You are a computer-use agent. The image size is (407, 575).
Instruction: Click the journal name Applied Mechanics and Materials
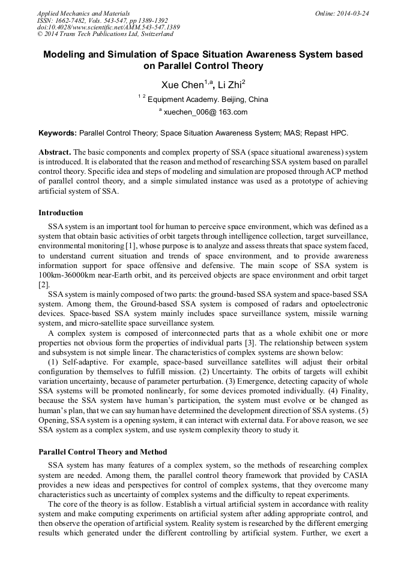(83, 13)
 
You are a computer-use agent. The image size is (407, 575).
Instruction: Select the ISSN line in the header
(103, 20)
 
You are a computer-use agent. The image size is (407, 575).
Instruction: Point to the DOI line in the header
(108, 27)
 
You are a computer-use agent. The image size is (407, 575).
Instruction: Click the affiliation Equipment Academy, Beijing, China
(208, 100)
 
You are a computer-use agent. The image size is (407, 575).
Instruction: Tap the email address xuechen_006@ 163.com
(205, 112)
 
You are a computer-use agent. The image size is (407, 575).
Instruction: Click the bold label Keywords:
(58, 133)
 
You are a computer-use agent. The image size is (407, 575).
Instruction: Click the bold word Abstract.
(55, 153)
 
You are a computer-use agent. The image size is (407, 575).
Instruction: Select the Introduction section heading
(61, 213)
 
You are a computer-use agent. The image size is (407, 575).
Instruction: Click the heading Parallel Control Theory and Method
(103, 451)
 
